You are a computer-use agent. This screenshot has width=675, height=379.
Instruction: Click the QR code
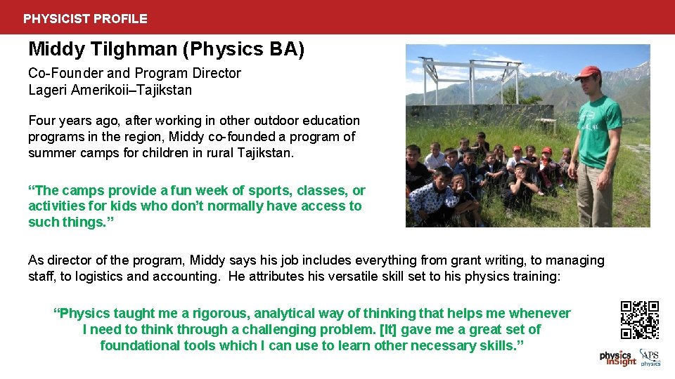(x=639, y=320)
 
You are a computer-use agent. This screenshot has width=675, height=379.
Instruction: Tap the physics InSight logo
(x=617, y=358)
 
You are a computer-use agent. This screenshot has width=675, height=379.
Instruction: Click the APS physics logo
(x=650, y=358)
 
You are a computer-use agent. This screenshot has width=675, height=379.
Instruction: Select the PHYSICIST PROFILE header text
(x=85, y=19)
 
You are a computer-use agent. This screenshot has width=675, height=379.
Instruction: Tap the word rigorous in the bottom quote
(x=219, y=314)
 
